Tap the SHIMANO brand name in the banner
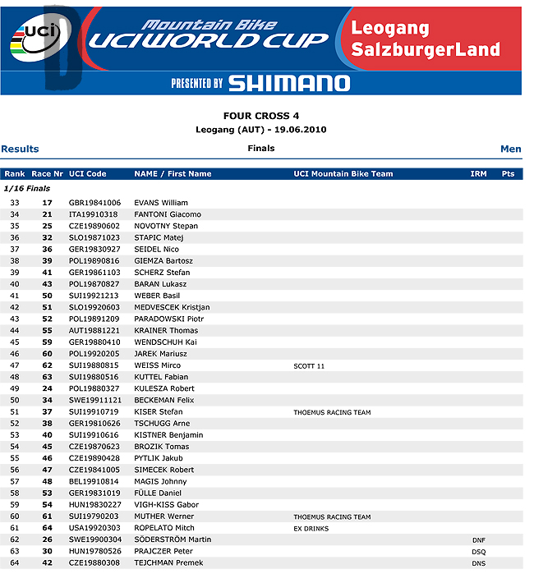click(288, 83)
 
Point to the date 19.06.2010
click(297, 130)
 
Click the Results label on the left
click(20, 149)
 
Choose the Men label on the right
click(510, 149)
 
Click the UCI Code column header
click(87, 174)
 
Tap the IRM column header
click(478, 174)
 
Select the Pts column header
click(508, 174)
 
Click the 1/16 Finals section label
click(27, 189)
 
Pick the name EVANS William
click(161, 203)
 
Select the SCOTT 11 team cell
click(309, 365)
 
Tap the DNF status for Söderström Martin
click(479, 539)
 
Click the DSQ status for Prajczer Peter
click(479, 552)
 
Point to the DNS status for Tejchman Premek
click(479, 563)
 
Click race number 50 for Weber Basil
click(48, 296)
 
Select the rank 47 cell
click(15, 365)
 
